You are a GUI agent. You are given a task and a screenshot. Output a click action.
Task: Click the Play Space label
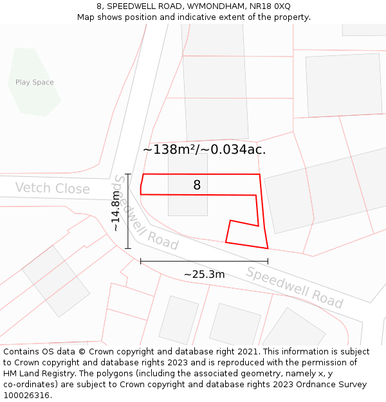[x=35, y=82]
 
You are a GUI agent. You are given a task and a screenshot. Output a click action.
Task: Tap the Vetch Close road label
[x=52, y=188]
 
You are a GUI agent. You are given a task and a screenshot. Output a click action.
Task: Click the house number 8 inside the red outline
[x=197, y=185]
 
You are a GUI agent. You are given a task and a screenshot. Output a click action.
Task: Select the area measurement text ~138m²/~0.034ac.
[x=204, y=150]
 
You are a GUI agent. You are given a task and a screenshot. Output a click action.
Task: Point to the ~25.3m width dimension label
[x=204, y=275]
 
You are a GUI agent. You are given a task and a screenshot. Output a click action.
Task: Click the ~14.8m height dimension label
[x=116, y=210]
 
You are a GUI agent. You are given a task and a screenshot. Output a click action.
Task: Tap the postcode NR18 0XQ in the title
[x=269, y=6]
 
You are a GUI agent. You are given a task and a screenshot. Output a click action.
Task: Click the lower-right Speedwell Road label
[x=295, y=287]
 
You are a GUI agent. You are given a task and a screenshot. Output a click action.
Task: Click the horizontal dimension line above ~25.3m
[x=204, y=261]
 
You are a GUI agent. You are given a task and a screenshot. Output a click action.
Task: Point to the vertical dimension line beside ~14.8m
[x=128, y=211]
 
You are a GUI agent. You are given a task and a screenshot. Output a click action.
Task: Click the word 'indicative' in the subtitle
[x=220, y=17]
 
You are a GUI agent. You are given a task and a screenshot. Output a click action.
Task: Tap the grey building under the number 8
[x=188, y=205]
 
